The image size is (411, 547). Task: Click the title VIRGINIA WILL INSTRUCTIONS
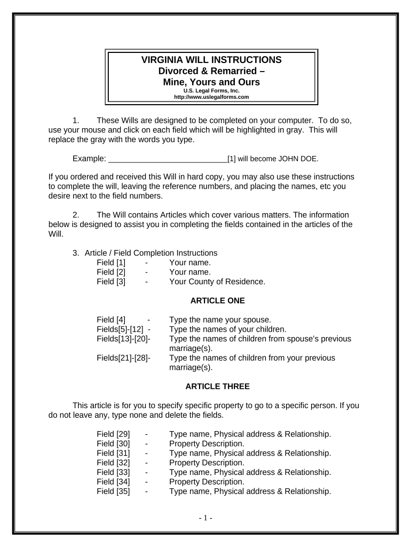pyautogui.click(x=211, y=60)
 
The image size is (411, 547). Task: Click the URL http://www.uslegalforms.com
pyautogui.click(x=211, y=97)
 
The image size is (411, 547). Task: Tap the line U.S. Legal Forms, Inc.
pyautogui.click(x=211, y=91)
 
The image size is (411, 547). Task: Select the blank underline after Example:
pyautogui.click(x=168, y=159)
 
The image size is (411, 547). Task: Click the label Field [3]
pyautogui.click(x=111, y=282)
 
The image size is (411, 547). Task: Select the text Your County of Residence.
pyautogui.click(x=217, y=282)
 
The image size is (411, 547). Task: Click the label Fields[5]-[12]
pyautogui.click(x=120, y=330)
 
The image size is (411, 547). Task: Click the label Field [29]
pyautogui.click(x=113, y=434)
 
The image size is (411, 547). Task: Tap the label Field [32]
pyautogui.click(x=113, y=463)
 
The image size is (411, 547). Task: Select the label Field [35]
pyautogui.click(x=113, y=491)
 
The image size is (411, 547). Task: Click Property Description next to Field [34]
pyautogui.click(x=207, y=482)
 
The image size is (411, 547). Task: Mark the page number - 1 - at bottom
pyautogui.click(x=205, y=518)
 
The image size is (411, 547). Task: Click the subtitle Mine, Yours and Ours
pyautogui.click(x=211, y=82)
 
